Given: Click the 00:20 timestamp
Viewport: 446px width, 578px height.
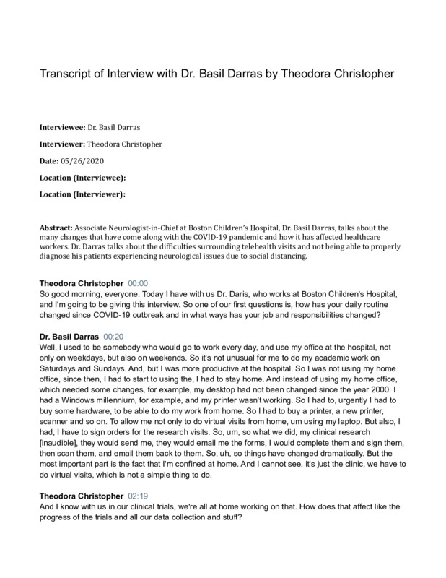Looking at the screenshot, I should pyautogui.click(x=116, y=337).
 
